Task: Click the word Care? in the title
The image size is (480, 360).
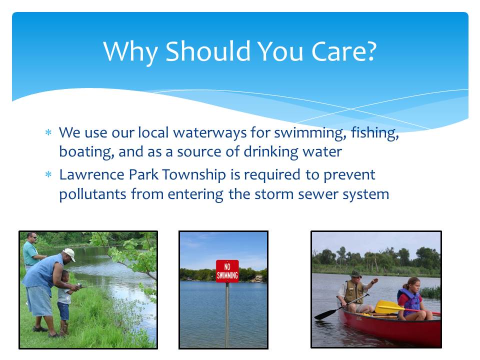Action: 343,51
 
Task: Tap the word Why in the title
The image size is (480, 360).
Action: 130,52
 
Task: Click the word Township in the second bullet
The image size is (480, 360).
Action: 194,175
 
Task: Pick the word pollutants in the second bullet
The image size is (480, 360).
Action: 92,194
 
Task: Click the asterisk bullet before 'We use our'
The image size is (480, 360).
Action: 48,132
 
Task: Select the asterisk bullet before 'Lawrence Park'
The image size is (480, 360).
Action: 48,174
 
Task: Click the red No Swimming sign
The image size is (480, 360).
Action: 227,271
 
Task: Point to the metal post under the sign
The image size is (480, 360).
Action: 227,315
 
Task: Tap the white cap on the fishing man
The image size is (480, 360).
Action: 69,254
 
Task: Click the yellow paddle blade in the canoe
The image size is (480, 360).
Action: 386,306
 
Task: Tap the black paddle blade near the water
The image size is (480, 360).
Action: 325,314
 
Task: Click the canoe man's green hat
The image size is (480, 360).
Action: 355,273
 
